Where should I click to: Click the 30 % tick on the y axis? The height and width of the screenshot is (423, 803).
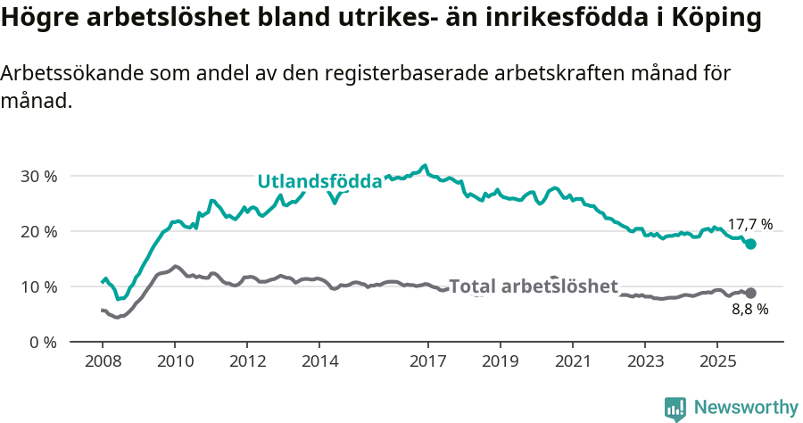38,176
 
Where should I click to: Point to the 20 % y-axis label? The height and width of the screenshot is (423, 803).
38,231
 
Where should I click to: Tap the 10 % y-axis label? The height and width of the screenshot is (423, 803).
38,286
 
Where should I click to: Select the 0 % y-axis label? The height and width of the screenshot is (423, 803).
42,342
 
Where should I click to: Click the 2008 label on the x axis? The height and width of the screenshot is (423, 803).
102,361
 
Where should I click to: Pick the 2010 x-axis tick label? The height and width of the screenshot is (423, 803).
175,361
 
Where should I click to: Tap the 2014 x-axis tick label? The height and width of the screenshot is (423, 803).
319,361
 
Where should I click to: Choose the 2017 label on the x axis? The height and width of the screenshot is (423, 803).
427,361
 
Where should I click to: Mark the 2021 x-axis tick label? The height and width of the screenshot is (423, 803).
572,361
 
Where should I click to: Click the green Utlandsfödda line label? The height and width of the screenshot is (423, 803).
319,182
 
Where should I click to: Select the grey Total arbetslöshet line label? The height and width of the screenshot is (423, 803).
533,286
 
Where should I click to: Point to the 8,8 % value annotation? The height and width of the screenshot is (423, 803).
749,310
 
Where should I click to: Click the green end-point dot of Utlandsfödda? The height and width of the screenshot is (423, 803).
750,244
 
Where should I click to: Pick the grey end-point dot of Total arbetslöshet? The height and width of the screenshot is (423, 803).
750,293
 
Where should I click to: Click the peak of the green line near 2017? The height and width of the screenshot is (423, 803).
425,166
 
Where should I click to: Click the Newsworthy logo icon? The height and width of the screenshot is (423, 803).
675,409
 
